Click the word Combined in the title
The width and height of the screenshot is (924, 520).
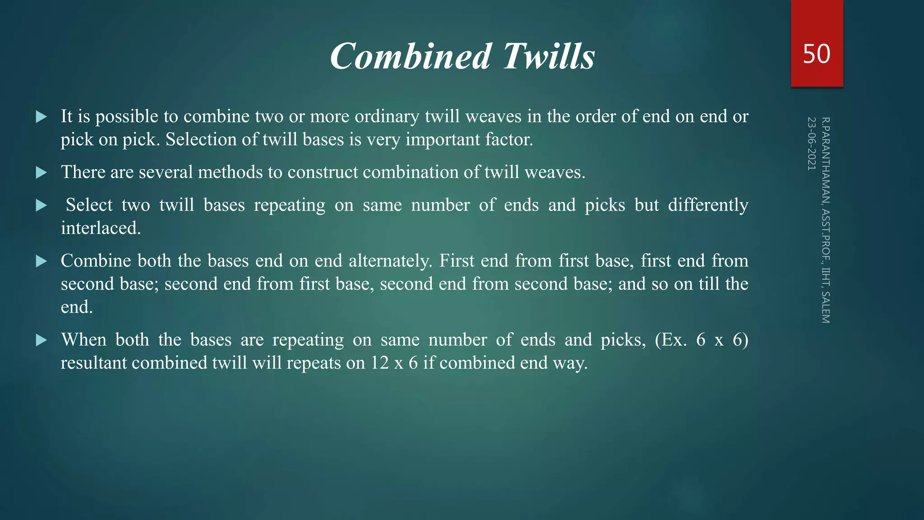(x=410, y=56)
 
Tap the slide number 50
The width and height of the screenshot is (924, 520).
(x=816, y=54)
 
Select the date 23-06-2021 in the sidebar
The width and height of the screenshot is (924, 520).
(x=811, y=144)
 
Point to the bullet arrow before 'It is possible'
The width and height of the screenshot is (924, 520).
(x=42, y=117)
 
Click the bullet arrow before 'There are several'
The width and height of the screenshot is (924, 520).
(x=42, y=172)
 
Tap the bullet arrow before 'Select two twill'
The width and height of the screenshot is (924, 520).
(x=42, y=205)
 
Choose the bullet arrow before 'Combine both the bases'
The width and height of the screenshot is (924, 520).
(x=42, y=261)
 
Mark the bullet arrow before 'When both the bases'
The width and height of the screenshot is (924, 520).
(x=42, y=340)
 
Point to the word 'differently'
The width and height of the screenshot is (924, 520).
(x=708, y=205)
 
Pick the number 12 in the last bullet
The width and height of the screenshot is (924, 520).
(x=380, y=363)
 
